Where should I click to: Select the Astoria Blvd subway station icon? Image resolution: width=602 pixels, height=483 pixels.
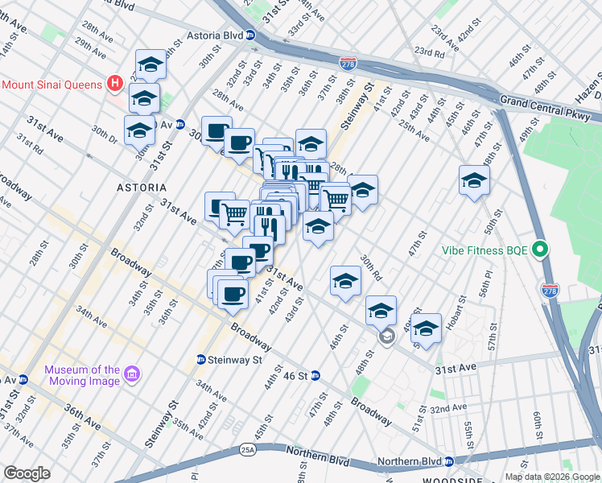click(x=250, y=35)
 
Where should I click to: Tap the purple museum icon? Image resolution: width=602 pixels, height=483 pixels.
click(x=133, y=374)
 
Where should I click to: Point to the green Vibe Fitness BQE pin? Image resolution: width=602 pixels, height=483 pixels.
click(x=541, y=250)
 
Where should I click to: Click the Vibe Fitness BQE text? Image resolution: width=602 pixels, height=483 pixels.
click(x=484, y=250)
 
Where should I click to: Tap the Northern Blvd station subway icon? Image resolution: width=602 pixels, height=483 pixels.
click(x=450, y=461)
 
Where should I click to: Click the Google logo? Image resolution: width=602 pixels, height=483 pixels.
click(x=27, y=473)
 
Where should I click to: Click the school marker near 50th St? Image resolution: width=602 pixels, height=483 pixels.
click(x=475, y=180)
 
